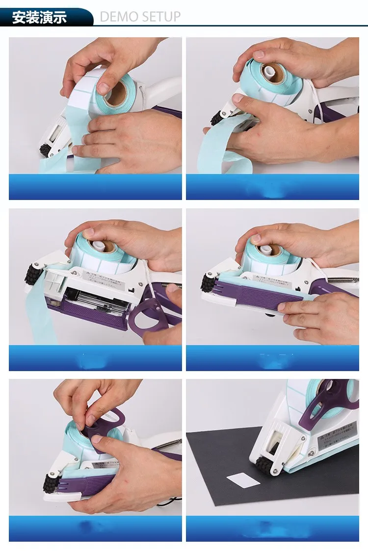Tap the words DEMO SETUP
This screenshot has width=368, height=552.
[140, 17]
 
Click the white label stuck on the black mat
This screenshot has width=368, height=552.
[243, 480]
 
